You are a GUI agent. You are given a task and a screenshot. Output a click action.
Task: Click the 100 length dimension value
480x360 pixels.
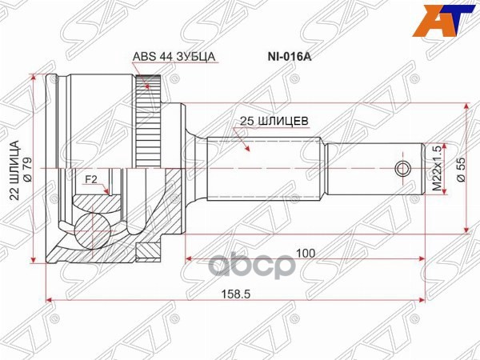[x=305, y=252]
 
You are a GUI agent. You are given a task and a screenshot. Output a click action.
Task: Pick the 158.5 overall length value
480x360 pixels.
[x=238, y=294]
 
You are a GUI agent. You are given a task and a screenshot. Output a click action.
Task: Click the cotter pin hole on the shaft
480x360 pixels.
[x=403, y=169]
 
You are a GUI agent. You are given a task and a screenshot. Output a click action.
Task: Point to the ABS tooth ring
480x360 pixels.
[x=146, y=120]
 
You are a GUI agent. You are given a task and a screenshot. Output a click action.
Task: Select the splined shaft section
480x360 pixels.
[x=264, y=169]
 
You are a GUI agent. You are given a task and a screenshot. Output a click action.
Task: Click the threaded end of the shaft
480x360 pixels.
[x=376, y=169]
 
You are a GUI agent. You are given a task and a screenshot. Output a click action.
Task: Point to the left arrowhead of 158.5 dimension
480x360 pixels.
[x=50, y=300]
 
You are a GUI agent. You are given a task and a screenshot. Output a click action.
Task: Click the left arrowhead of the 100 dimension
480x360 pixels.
[x=189, y=258]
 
